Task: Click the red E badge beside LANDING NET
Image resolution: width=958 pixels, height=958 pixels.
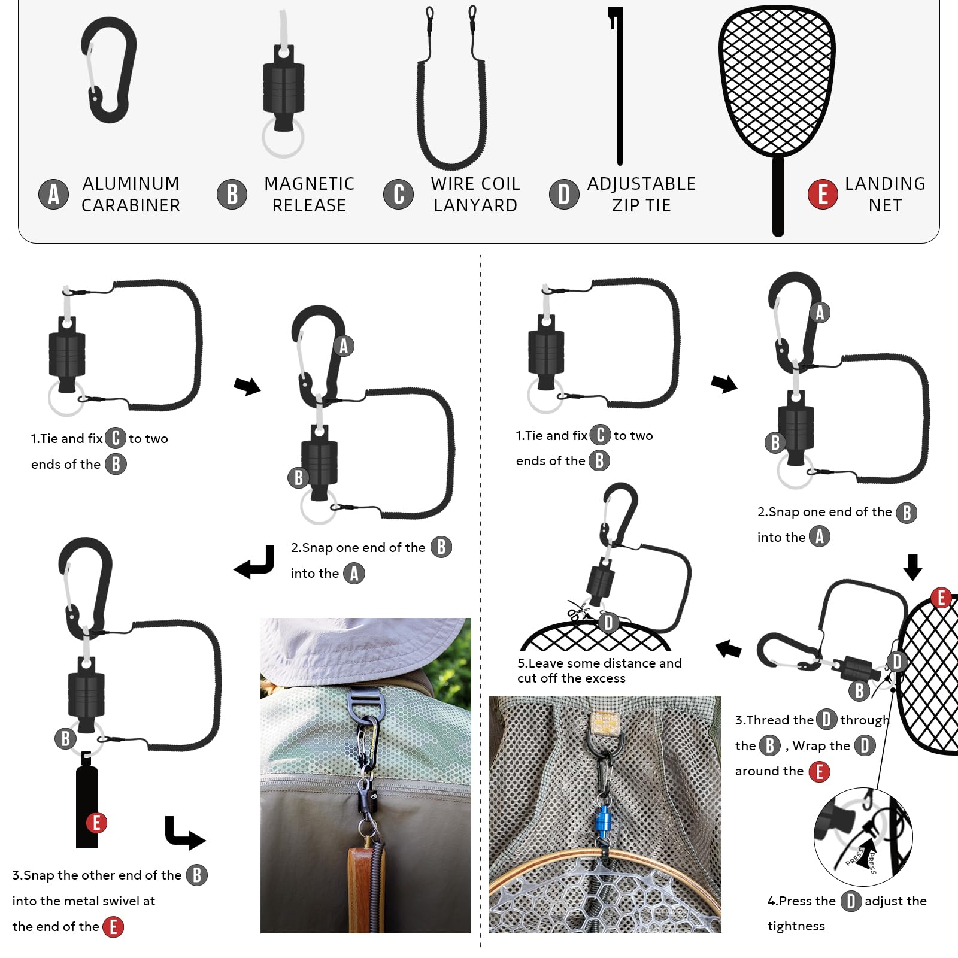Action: point(823,195)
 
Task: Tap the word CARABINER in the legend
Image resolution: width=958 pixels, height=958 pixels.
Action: point(131,205)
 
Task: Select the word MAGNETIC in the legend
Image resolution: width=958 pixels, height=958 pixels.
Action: point(310,184)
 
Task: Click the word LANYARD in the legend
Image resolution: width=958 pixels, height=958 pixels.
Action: point(475,205)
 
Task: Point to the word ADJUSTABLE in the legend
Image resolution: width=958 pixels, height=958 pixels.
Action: point(641,184)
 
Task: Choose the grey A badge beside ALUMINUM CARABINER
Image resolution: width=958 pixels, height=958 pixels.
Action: point(54,195)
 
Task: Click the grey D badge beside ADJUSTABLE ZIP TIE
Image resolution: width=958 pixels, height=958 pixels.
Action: point(564,195)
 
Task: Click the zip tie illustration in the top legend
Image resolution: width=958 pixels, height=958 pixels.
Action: point(618,87)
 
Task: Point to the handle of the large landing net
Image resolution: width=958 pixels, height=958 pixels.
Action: point(778,196)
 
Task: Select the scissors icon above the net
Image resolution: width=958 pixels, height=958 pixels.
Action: point(578,612)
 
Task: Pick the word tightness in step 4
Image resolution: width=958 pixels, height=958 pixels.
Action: point(796,926)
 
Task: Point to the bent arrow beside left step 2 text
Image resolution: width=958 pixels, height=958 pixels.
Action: point(254,563)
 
